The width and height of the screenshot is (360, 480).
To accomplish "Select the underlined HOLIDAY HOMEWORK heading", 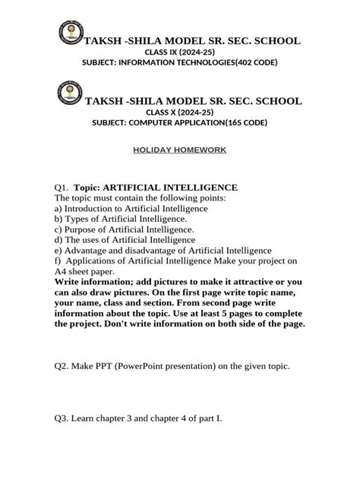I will pyautogui.click(x=180, y=150).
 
